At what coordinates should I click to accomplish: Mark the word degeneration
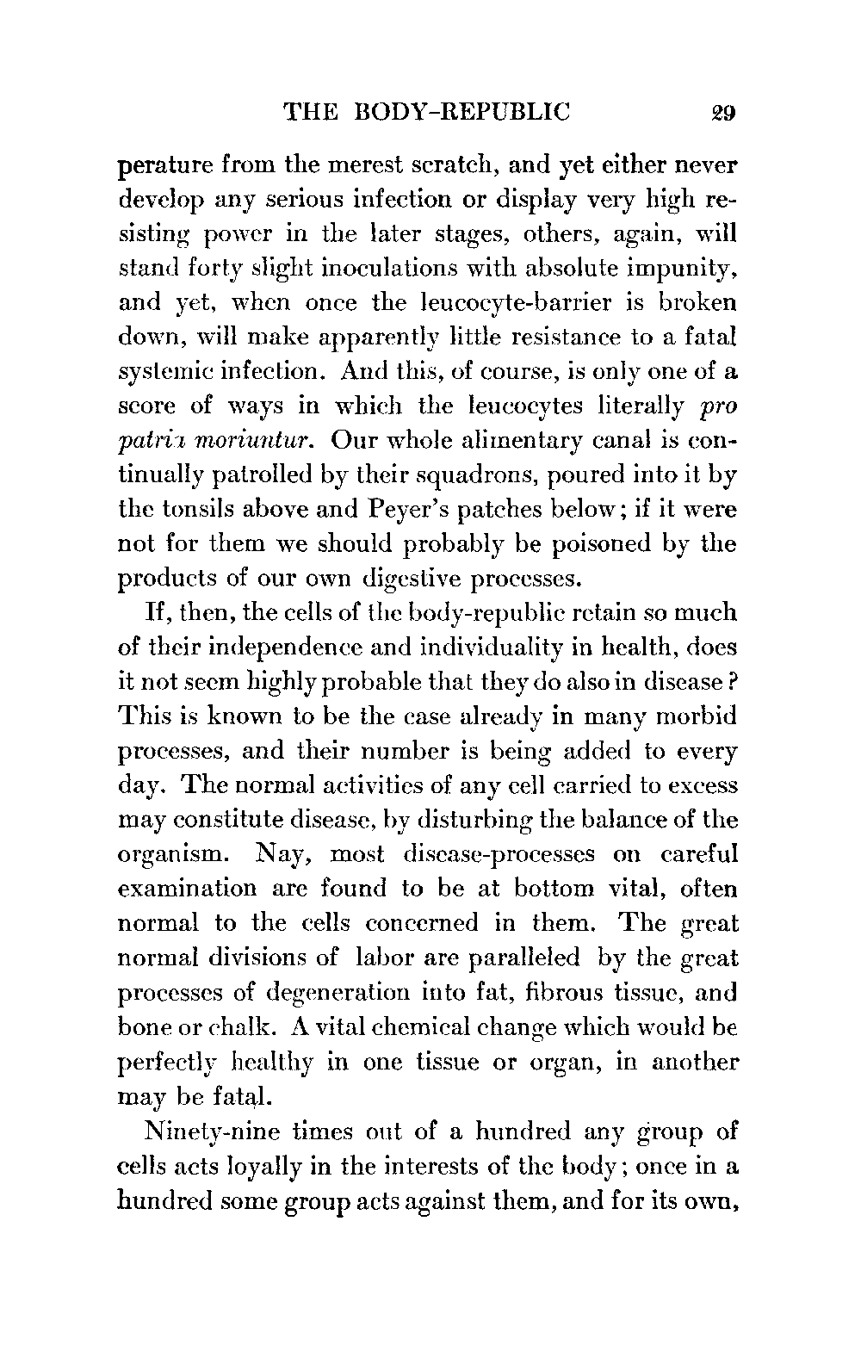[x=344, y=993]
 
